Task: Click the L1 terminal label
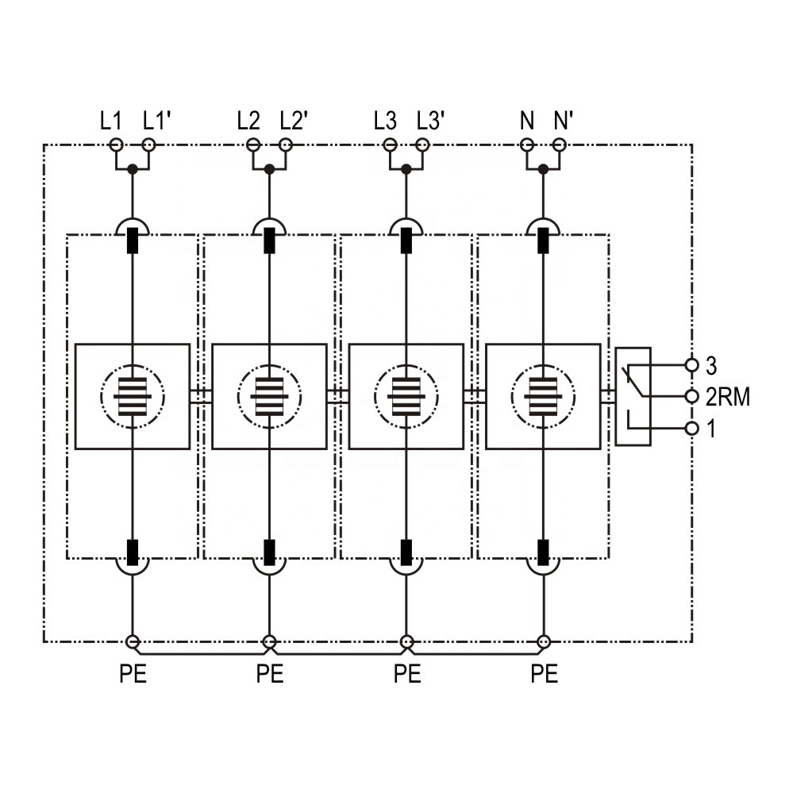click(111, 121)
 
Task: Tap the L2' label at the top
click(294, 121)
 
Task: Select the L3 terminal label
click(385, 121)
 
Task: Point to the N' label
click(564, 121)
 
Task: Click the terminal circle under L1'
click(148, 145)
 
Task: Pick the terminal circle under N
click(527, 145)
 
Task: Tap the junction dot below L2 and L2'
click(270, 169)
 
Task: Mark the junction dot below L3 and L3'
click(406, 169)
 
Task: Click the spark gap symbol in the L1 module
click(133, 397)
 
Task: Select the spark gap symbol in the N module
click(543, 397)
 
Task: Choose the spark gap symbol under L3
click(406, 397)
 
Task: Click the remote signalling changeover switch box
click(633, 397)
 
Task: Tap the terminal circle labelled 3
click(691, 364)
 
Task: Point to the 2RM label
click(727, 397)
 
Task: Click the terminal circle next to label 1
click(691, 429)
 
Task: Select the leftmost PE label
click(133, 674)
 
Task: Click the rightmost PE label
click(545, 674)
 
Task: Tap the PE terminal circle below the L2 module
click(270, 642)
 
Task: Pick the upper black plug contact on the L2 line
click(270, 241)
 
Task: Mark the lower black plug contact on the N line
click(543, 552)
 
